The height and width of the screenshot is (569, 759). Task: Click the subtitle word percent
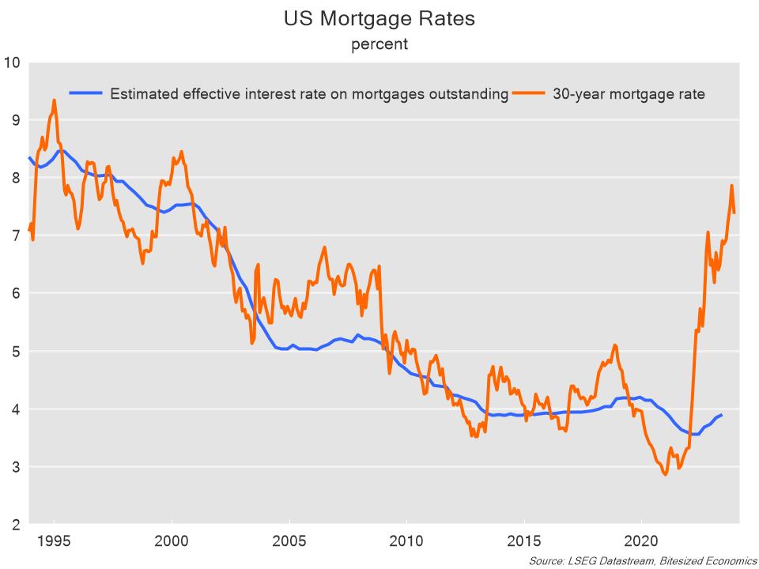click(x=379, y=44)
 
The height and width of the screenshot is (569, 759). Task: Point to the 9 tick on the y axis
click(x=14, y=120)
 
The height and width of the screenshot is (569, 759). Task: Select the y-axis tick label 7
click(x=14, y=236)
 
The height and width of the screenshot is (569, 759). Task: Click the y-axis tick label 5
click(x=14, y=351)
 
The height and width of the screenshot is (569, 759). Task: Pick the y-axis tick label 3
click(x=14, y=466)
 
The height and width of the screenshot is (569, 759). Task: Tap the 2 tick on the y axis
click(x=14, y=524)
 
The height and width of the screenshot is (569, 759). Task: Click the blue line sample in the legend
click(x=87, y=93)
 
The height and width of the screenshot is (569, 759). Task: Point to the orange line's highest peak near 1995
click(x=54, y=100)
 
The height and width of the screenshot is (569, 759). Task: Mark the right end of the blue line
click(x=721, y=415)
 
